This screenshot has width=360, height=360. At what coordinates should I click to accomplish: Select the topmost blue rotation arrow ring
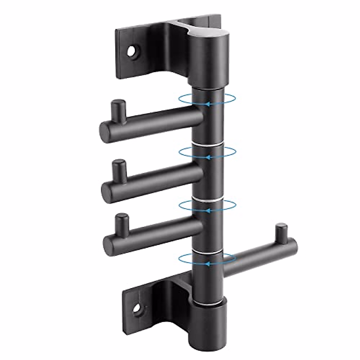coord(207,100)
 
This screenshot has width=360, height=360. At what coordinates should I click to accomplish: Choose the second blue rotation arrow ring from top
coord(207,153)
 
